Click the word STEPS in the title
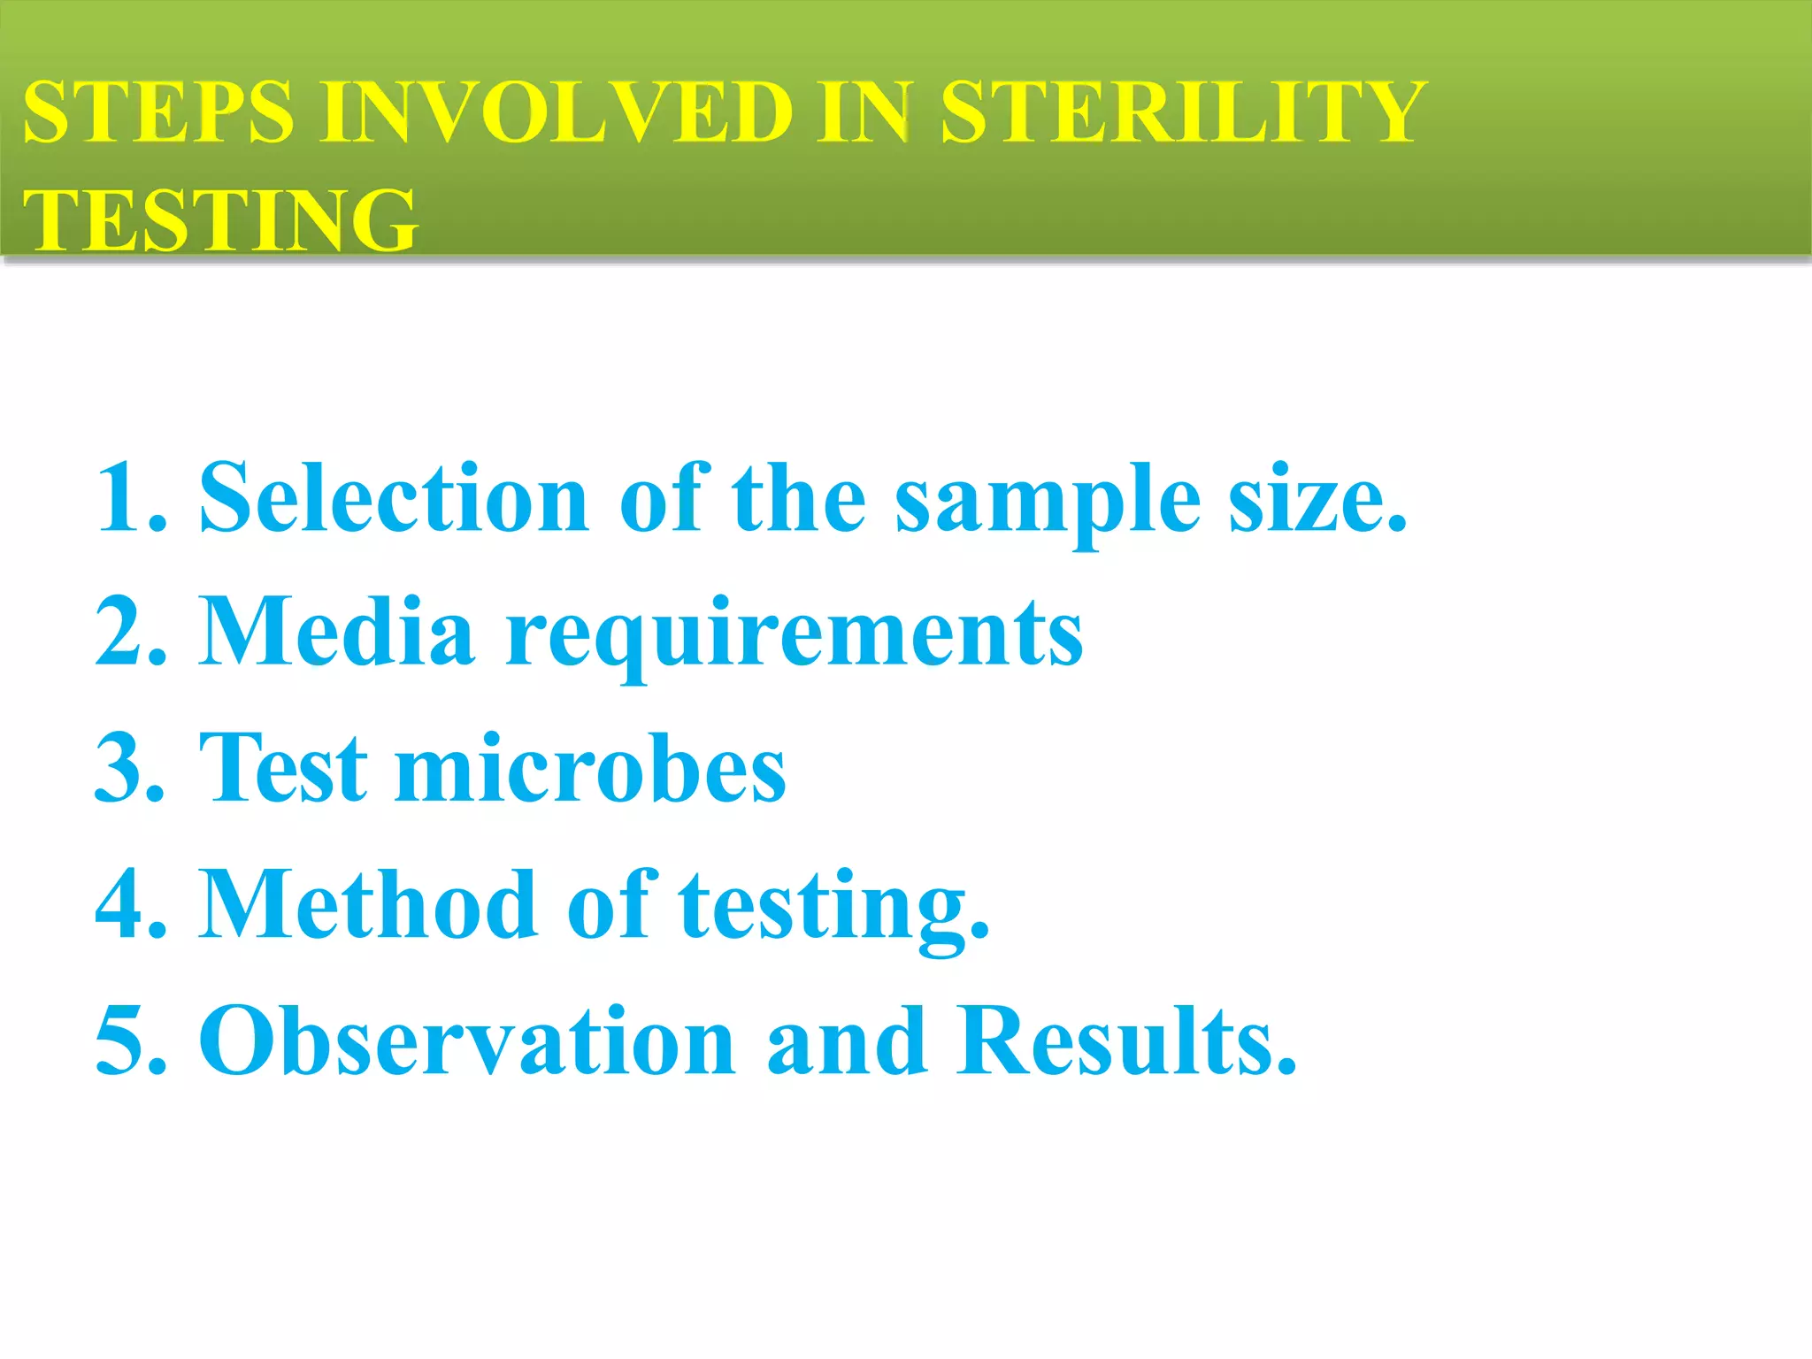click(x=157, y=112)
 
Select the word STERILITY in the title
click(x=1181, y=112)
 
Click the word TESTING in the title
click(x=219, y=220)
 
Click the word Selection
click(x=394, y=498)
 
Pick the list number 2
click(x=129, y=632)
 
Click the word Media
click(x=337, y=632)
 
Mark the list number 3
click(x=129, y=768)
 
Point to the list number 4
click(x=129, y=904)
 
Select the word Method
click(x=368, y=904)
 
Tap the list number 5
click(x=129, y=1040)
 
